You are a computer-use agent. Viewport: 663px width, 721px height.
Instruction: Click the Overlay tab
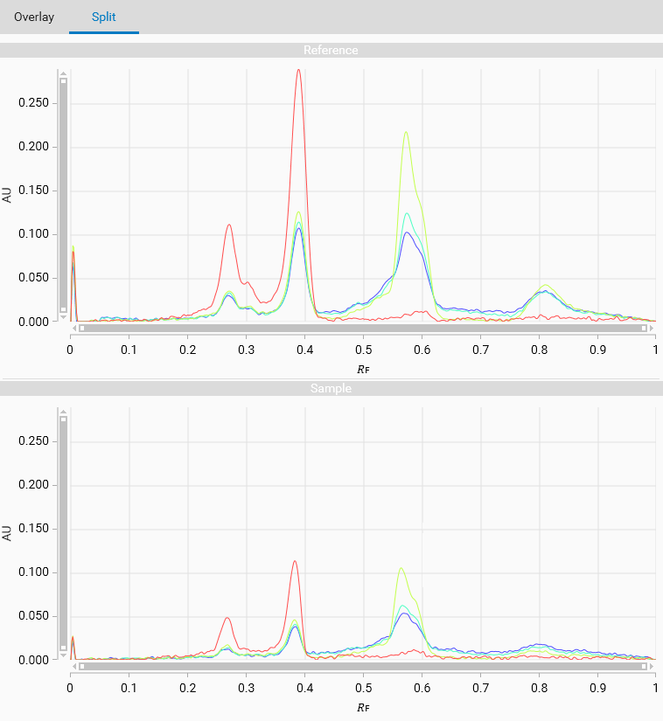[34, 17]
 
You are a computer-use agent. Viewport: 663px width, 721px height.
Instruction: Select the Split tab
[104, 17]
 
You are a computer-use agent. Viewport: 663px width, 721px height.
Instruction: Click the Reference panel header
[331, 50]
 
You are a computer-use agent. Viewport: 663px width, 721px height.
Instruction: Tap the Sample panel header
[331, 388]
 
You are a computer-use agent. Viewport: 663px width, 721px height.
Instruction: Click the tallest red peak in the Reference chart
[298, 71]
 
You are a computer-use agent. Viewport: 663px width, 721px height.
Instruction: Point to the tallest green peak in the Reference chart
[406, 133]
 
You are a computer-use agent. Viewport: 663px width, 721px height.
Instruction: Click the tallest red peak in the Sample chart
[295, 561]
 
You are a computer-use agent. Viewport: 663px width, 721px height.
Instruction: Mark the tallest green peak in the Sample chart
[401, 569]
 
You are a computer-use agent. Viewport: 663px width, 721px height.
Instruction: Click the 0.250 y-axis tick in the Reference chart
[36, 103]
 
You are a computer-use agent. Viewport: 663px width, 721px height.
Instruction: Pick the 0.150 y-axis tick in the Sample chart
[36, 529]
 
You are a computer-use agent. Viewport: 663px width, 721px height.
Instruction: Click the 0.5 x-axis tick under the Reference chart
[363, 350]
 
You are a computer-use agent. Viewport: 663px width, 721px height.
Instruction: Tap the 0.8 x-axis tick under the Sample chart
[539, 688]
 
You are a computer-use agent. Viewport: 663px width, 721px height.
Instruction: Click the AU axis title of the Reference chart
[8, 194]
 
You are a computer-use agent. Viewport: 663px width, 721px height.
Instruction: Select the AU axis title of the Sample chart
[8, 532]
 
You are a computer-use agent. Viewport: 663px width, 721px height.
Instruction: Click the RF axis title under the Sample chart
[363, 706]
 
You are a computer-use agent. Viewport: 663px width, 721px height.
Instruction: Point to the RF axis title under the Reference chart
[363, 368]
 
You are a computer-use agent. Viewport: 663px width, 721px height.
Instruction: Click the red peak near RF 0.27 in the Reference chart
[229, 225]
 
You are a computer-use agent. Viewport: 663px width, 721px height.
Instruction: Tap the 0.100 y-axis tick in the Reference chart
[36, 234]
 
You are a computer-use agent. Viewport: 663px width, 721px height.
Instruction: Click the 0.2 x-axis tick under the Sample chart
[187, 688]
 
